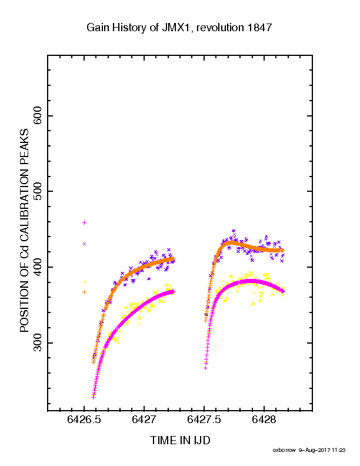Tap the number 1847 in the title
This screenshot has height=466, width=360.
tap(259, 28)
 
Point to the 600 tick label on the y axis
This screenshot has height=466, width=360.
tap(38, 115)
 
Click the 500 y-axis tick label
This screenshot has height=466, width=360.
tap(38, 191)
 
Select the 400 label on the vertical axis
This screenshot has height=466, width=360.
tap(38, 267)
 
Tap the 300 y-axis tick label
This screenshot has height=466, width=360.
tap(38, 342)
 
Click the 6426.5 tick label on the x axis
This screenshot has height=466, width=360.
tap(84, 420)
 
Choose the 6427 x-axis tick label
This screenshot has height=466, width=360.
tap(144, 420)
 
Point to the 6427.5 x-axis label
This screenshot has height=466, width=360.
tap(204, 420)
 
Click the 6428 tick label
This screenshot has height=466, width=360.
tap(264, 420)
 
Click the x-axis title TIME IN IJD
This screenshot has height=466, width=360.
tap(180, 441)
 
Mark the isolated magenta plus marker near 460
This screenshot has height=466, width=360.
tap(84, 222)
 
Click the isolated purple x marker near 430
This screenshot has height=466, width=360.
tap(84, 244)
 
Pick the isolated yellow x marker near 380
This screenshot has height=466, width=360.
tap(85, 282)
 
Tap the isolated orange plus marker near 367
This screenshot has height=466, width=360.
tap(84, 292)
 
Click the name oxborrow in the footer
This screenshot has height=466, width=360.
tap(284, 450)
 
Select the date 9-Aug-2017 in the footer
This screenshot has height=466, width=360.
tap(315, 450)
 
